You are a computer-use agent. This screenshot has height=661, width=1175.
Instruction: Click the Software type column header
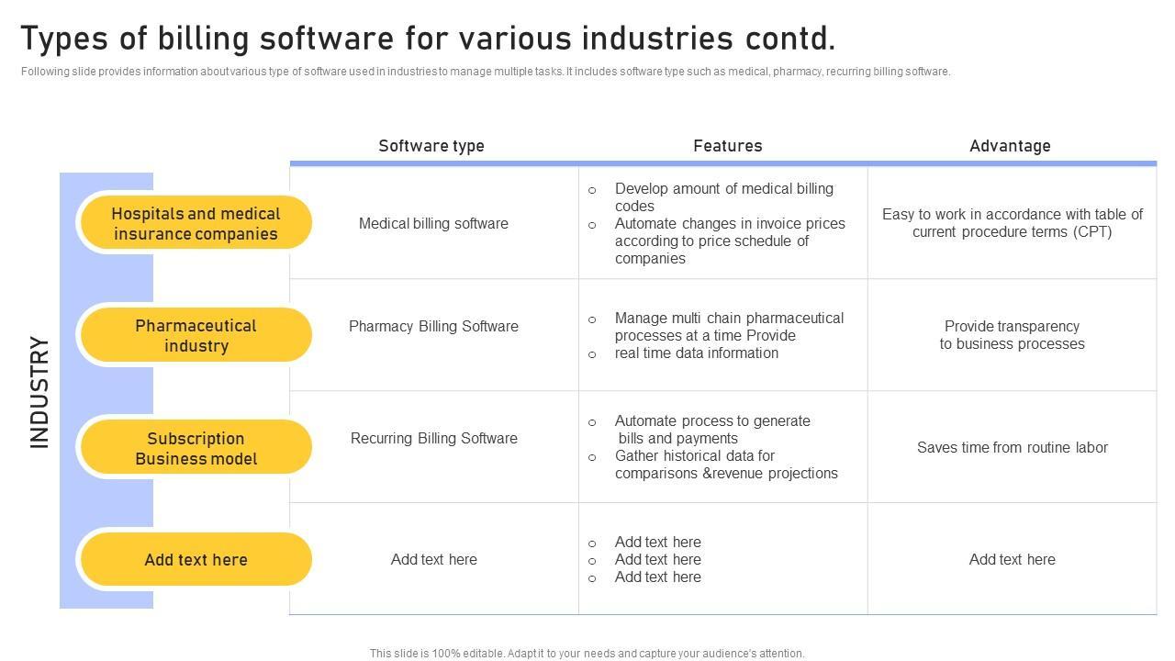click(431, 146)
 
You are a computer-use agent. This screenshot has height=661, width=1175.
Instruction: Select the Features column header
click(727, 146)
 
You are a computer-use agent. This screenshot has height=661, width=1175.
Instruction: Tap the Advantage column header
click(1010, 146)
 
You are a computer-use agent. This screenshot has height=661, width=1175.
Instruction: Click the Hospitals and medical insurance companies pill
click(196, 224)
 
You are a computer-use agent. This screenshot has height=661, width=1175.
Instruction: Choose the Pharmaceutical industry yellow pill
click(196, 336)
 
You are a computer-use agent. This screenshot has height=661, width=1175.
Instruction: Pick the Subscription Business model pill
click(196, 448)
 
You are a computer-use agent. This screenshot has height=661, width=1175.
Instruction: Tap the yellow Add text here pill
click(196, 560)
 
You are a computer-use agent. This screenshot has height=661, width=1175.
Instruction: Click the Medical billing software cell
click(433, 224)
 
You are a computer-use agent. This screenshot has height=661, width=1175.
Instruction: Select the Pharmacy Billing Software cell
click(433, 327)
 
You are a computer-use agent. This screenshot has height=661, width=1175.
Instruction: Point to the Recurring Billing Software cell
click(433, 439)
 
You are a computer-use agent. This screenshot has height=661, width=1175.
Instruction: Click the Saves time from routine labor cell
click(1012, 448)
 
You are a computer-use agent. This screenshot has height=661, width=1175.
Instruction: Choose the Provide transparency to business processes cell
click(1012, 335)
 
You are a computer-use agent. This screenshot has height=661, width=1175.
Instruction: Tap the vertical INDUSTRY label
click(39, 391)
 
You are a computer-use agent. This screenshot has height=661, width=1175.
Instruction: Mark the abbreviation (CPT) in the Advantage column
click(1092, 232)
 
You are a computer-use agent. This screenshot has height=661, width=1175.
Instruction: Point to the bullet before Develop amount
click(592, 190)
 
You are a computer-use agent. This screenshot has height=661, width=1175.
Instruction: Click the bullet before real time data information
click(592, 354)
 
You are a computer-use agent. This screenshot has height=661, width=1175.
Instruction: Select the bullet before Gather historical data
click(592, 457)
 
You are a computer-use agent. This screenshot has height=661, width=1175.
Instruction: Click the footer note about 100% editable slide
click(587, 654)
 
